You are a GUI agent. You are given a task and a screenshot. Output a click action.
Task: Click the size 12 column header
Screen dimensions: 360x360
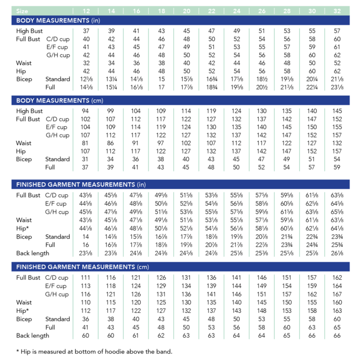pyautogui.click(x=86, y=11)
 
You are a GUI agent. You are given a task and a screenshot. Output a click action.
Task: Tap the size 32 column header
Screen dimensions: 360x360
pyautogui.click(x=337, y=11)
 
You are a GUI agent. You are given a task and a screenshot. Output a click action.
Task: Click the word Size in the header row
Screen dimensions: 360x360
pyautogui.click(x=23, y=11)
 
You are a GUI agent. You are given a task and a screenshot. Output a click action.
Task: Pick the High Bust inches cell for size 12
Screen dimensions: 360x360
pyautogui.click(x=86, y=30)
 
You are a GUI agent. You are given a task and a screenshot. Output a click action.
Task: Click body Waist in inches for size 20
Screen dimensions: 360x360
pyautogui.click(x=187, y=63)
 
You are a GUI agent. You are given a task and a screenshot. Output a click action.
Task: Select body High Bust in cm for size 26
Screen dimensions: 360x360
pyautogui.click(x=262, y=111)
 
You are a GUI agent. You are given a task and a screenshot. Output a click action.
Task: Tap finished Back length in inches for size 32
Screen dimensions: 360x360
pyautogui.click(x=337, y=253)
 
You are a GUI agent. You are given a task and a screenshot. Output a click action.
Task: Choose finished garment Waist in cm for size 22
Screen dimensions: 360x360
pyautogui.click(x=212, y=302)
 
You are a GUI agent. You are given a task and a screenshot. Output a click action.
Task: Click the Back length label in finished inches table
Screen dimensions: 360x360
pyautogui.click(x=33, y=253)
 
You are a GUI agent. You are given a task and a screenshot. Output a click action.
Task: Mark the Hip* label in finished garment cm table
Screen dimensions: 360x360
pyautogui.click(x=23, y=311)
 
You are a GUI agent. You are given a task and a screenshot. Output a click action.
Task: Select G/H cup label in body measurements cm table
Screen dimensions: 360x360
pyautogui.click(x=58, y=135)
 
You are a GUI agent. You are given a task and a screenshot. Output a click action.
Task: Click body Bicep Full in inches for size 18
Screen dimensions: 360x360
pyautogui.click(x=162, y=86)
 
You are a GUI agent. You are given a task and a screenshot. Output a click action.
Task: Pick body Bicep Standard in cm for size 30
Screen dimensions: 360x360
pyautogui.click(x=312, y=158)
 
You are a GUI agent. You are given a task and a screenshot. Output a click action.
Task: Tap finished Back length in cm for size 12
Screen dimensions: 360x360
pyautogui.click(x=86, y=336)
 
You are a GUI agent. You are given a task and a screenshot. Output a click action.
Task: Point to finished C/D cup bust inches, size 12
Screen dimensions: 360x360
pyautogui.click(x=86, y=196)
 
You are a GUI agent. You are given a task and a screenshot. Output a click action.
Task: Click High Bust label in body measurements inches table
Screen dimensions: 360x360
pyautogui.click(x=30, y=30)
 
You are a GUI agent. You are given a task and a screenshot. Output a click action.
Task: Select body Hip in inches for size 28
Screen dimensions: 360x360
pyautogui.click(x=287, y=70)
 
